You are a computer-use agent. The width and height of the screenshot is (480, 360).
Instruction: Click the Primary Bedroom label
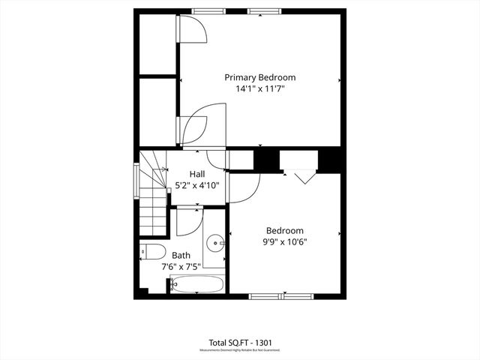260,77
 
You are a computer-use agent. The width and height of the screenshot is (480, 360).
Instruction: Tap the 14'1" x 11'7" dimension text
260,88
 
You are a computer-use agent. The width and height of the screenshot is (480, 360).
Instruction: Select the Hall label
197,174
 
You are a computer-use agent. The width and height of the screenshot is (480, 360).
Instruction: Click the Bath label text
181,255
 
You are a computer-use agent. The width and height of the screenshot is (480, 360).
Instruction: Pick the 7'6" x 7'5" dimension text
181,265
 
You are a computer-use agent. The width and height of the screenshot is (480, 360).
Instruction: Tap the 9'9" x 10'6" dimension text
285,241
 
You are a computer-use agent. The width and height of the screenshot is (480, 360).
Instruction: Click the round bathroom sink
216,242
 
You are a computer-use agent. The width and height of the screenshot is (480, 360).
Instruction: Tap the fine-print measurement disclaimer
239,350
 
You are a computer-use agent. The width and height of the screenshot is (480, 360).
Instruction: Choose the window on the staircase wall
136,181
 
